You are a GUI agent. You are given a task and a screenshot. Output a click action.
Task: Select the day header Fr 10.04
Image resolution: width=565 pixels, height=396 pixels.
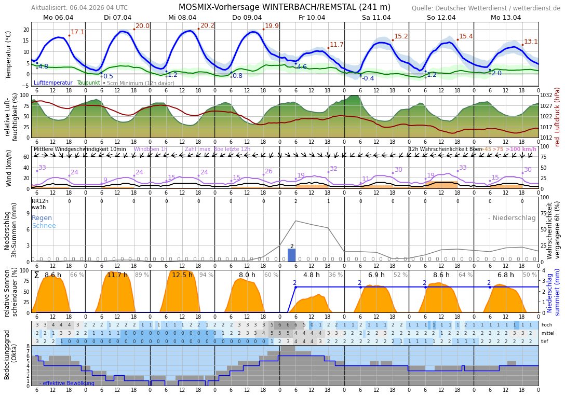(312, 18)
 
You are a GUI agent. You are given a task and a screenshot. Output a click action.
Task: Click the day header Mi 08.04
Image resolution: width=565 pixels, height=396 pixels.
(182, 18)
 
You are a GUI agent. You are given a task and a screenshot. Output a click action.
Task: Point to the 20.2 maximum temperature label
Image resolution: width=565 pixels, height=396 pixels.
(207, 25)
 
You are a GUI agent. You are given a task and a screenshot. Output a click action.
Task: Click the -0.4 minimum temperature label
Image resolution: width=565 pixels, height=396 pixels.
(368, 78)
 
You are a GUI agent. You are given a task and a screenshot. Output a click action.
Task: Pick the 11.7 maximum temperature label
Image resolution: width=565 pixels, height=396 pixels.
(337, 45)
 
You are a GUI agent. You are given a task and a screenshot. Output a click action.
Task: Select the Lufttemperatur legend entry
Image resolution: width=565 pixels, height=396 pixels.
(53, 83)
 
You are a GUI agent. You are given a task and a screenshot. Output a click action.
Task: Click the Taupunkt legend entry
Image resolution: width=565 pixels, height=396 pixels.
(88, 83)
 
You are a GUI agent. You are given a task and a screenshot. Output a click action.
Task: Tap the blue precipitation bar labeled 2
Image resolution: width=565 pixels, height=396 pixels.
(292, 255)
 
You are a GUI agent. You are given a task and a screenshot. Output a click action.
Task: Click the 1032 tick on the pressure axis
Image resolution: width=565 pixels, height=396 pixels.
(546, 95)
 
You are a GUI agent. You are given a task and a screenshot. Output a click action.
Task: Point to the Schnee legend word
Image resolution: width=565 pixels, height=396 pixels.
(44, 226)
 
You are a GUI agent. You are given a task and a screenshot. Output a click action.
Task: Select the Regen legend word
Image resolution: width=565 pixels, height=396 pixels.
(42, 218)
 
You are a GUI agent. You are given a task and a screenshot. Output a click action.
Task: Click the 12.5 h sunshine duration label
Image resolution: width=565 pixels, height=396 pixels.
(182, 275)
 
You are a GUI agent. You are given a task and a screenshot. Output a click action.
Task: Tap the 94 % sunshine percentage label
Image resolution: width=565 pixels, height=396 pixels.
(206, 275)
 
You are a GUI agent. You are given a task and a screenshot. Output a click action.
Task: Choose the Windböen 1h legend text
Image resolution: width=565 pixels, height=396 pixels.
(151, 149)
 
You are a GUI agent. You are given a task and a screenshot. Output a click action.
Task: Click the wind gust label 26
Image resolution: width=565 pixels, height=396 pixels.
(268, 171)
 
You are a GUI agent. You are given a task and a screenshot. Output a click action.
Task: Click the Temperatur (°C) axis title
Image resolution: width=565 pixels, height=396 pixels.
(8, 54)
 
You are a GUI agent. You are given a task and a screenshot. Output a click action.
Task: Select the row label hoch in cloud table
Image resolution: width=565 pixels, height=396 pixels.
(546, 325)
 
